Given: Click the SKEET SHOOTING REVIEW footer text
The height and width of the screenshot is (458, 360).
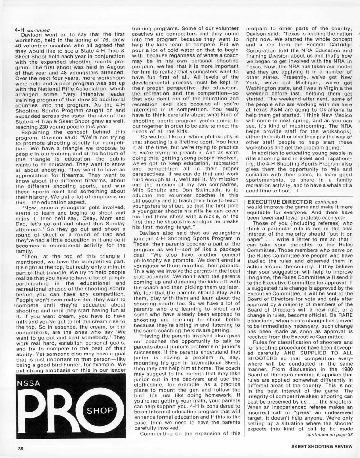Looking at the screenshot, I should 322,446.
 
